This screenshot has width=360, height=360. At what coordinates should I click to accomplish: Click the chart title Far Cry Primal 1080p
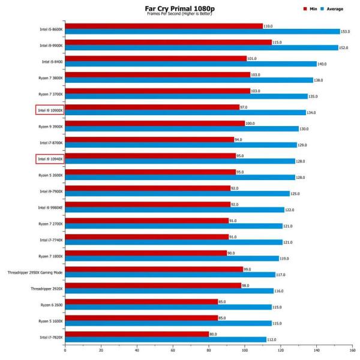[180, 8]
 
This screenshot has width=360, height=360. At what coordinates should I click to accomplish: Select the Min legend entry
[313, 9]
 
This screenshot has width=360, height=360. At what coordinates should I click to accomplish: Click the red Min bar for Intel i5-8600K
[164, 26]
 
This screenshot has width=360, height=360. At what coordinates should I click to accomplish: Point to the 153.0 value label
[345, 32]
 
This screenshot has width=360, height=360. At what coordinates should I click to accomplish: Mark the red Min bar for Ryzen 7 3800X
[157, 74]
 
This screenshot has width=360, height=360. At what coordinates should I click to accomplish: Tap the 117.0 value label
[280, 275]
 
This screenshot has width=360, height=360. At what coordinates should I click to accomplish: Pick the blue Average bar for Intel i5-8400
[191, 64]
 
